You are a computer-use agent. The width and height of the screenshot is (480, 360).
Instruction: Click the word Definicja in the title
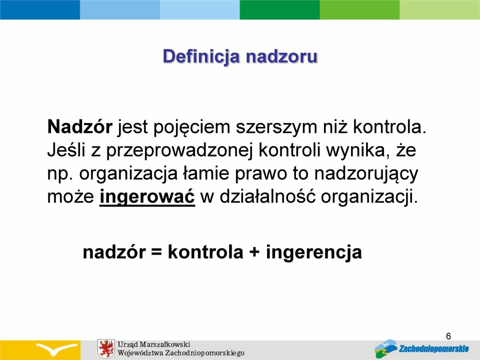pos(201,57)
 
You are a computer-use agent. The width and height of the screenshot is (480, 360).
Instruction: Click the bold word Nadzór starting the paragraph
pos(80,126)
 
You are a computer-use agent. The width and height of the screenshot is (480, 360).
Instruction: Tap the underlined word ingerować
pos(147,197)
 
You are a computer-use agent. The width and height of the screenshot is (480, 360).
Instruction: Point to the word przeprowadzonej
pos(179,150)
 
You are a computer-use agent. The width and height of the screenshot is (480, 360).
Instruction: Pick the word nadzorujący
pos(366,174)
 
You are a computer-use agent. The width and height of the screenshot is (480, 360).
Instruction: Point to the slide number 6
pos(448,336)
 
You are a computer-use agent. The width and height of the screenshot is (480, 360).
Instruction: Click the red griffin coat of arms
pos(106,348)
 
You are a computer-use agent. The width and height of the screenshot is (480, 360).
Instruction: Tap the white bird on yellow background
pos(56,348)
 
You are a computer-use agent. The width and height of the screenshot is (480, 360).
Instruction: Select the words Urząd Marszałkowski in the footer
pos(154,344)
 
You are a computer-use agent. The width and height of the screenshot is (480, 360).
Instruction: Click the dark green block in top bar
pos(280,9)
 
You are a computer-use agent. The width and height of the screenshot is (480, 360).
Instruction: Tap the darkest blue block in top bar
pos(40,9)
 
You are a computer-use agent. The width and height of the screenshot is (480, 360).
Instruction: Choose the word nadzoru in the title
pos(281,57)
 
